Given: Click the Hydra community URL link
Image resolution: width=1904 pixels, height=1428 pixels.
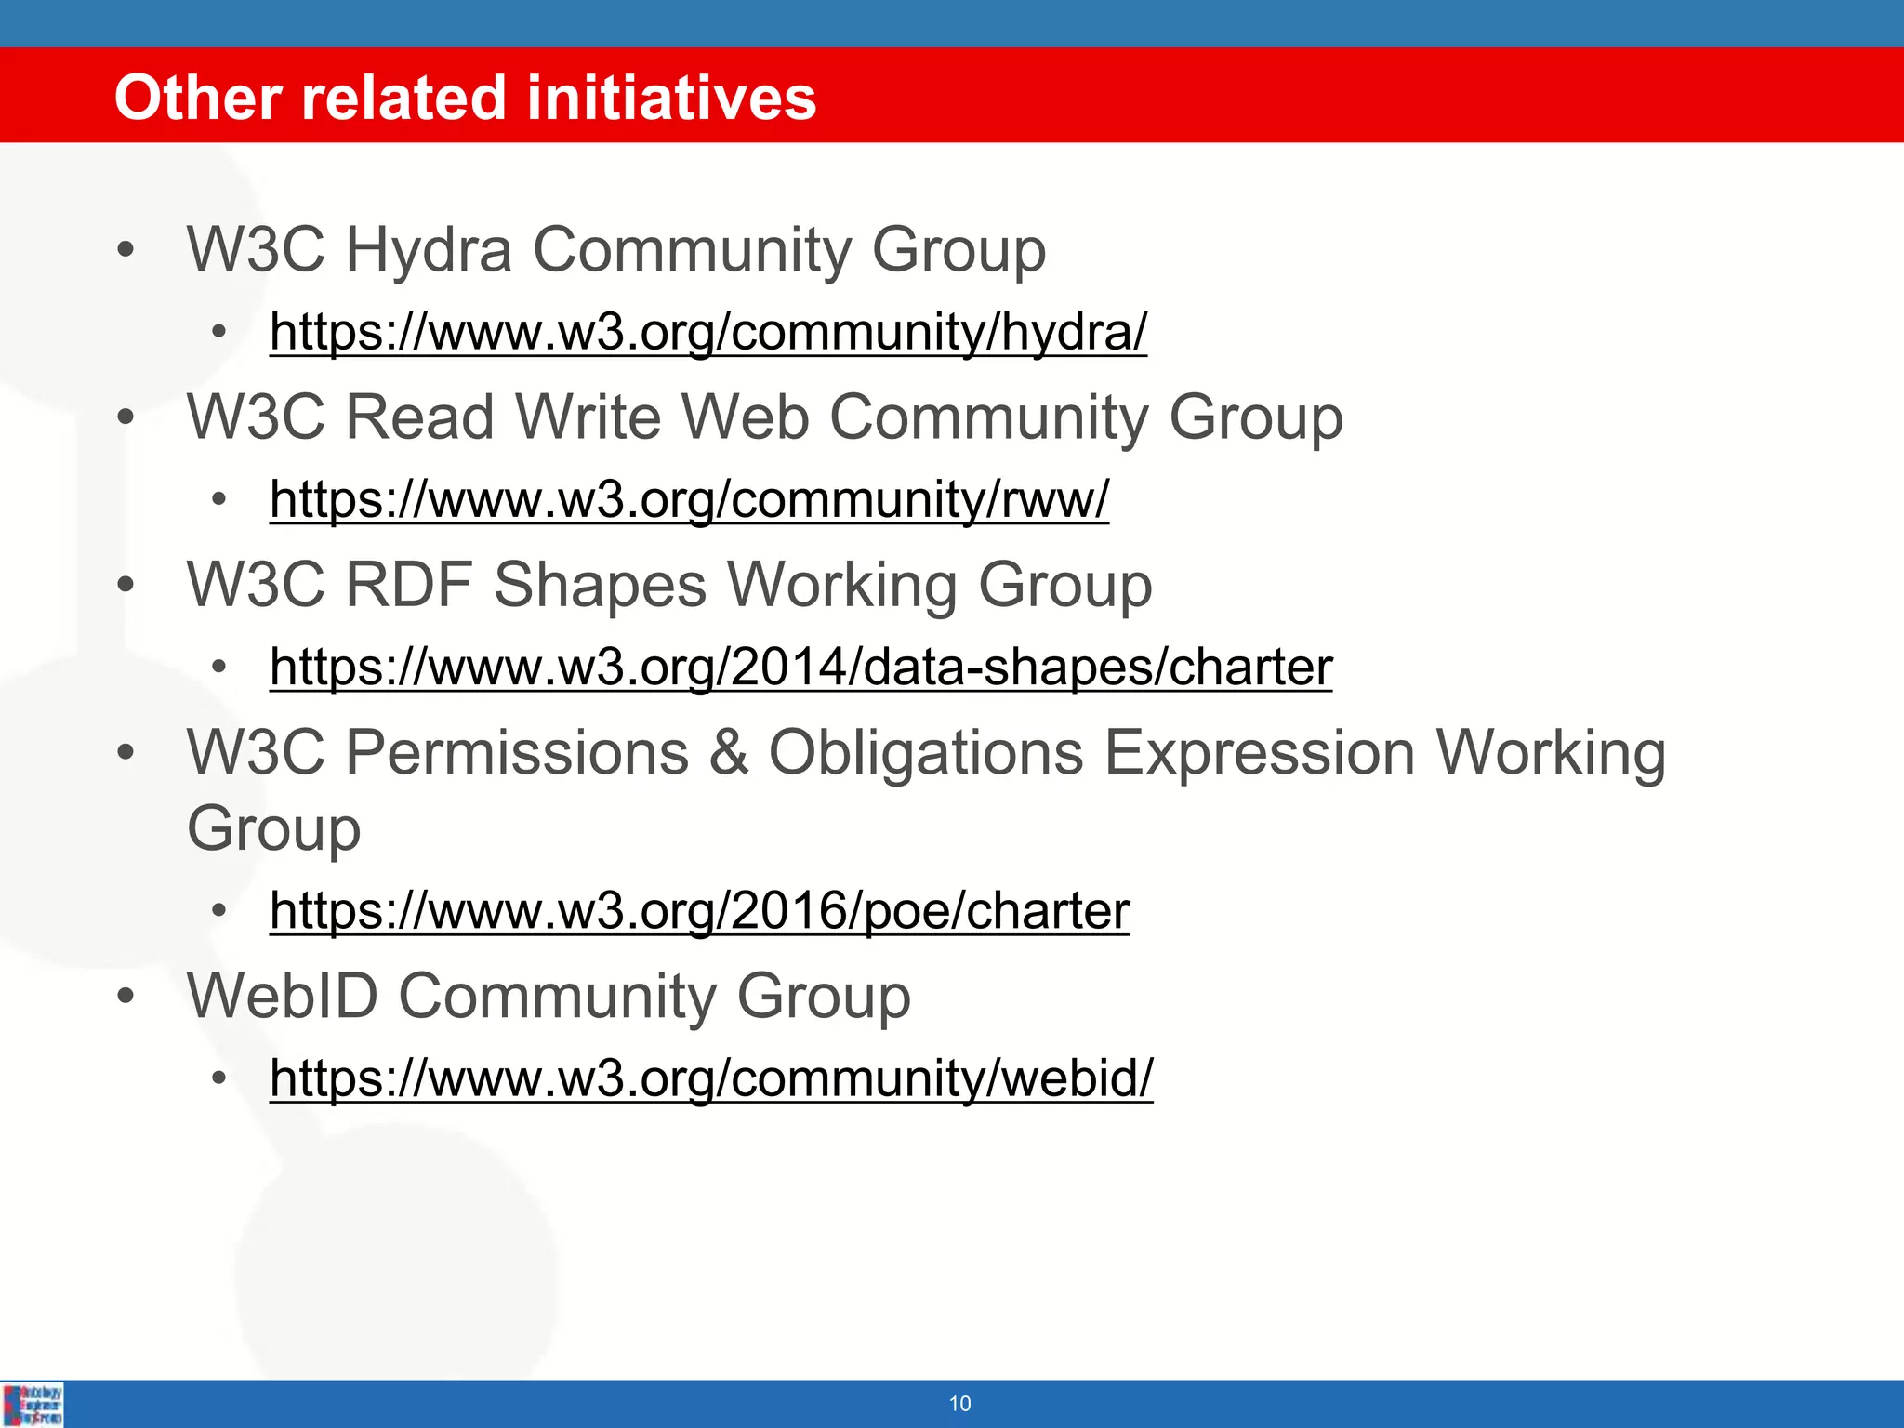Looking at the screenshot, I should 708,332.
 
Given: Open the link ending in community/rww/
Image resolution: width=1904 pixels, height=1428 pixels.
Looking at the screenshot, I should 689,499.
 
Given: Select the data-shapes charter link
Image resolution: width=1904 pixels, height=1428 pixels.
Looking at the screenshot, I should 800,668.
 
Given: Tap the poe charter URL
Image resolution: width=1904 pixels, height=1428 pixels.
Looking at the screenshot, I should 699,910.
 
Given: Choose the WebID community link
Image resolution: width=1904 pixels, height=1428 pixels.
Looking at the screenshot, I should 711,1078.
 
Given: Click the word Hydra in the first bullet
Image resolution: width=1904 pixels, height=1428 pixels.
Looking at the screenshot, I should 429,251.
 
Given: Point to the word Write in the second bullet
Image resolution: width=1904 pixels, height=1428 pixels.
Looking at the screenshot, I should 588,417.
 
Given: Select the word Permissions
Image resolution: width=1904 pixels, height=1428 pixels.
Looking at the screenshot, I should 517,752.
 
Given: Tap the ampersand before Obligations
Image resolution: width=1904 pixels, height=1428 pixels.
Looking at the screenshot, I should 730,752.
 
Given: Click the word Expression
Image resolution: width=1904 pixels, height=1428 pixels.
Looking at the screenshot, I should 1260,752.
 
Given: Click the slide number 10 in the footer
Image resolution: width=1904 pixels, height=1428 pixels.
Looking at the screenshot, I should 959,1404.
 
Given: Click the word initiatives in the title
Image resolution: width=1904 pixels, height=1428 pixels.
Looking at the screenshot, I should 671,99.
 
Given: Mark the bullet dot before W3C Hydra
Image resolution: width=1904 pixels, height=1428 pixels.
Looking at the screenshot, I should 126,251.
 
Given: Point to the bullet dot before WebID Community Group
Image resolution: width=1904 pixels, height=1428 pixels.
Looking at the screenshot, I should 126,997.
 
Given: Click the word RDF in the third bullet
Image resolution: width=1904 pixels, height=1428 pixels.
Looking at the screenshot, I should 409,586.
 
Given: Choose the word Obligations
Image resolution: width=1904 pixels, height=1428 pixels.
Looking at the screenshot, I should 926,752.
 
